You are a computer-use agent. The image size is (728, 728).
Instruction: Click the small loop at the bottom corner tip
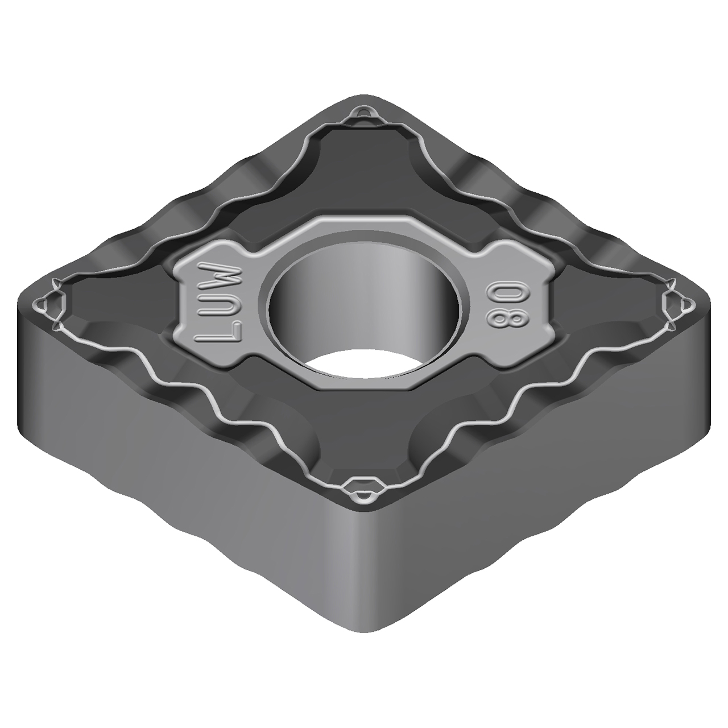[362, 489]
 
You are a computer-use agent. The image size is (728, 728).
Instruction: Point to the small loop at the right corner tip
[679, 301]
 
